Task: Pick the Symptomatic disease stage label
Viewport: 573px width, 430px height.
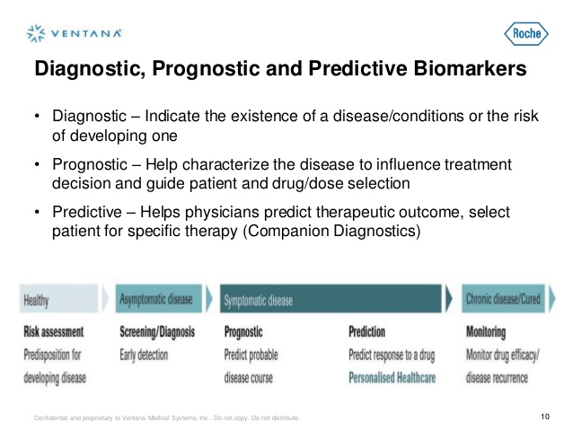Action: tap(259, 300)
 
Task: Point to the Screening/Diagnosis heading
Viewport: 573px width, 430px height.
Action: tap(157, 332)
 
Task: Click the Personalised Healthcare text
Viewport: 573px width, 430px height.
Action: tap(392, 378)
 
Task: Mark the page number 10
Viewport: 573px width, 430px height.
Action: tap(544, 417)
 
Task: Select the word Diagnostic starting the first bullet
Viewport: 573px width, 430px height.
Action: tap(85, 118)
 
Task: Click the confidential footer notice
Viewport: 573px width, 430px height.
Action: tap(166, 418)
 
